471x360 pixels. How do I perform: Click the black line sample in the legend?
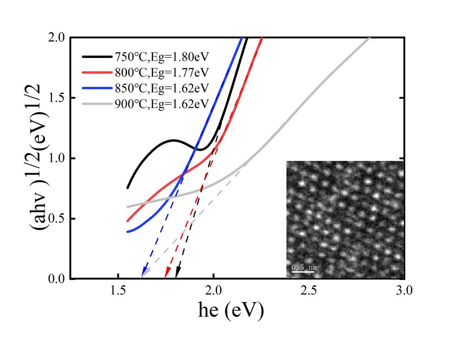pos(97,57)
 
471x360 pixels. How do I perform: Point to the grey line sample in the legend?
pos(97,104)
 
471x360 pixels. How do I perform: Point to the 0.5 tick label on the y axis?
pos(57,218)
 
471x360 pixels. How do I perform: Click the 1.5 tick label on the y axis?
pos(57,98)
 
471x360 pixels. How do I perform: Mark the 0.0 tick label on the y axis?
pos(57,279)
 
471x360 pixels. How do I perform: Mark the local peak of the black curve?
pos(175,140)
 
